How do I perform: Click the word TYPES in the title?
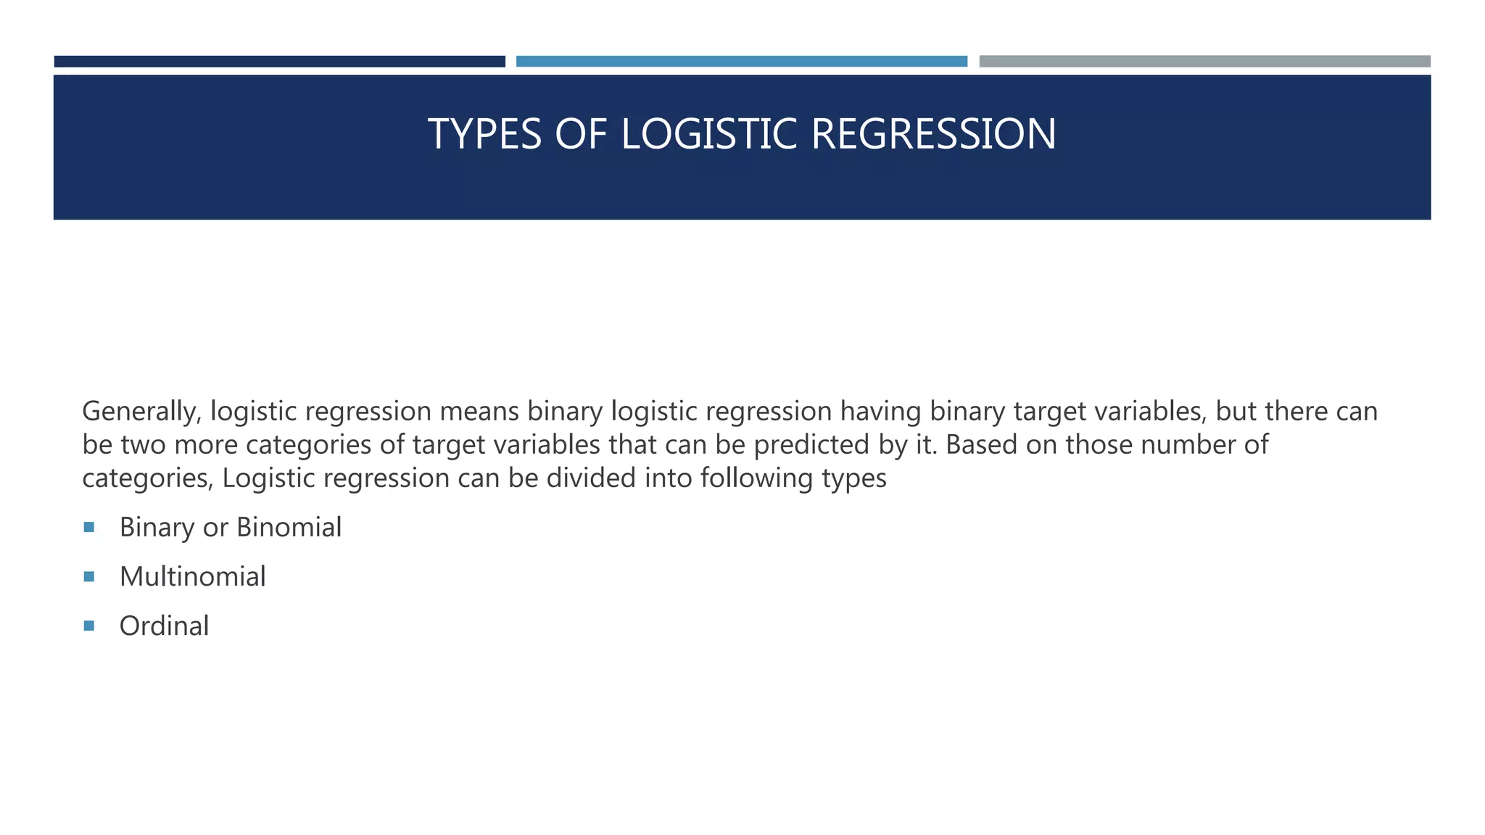484,134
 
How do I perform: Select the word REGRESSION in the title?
933,134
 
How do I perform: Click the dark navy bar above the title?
279,62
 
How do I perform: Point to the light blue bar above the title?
741,62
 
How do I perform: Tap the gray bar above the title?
1204,62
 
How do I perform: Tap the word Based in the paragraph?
981,444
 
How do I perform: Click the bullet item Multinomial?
193,577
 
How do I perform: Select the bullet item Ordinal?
165,626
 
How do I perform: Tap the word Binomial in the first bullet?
289,528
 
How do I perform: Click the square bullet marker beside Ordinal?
89,626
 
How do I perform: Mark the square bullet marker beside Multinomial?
89,576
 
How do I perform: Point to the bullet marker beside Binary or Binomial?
89,527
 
